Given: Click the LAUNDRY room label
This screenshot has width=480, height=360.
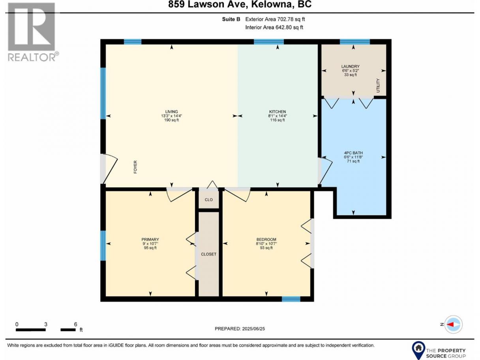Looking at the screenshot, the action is pos(350,66).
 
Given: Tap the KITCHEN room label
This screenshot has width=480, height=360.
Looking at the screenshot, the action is pos(277,112).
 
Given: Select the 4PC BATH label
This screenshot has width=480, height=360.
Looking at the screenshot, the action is pos(353,153).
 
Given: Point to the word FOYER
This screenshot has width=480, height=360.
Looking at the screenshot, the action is pos(135,167).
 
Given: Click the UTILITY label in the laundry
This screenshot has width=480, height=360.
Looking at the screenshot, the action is pos(378,86).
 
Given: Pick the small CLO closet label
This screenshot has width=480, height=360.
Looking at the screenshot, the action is pos(209,200).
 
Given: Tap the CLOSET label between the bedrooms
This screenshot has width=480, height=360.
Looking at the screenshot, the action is pos(209,254).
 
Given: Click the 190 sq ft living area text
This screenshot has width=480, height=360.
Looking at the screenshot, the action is pos(171,120).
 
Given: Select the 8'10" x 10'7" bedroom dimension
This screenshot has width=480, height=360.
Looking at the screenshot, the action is pos(266,244).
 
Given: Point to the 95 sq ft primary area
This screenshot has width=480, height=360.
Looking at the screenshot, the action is pos(150,248).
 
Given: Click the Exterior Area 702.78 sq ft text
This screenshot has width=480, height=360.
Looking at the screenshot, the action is pos(275,19).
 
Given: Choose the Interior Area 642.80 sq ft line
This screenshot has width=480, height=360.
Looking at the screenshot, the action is pos(274,28).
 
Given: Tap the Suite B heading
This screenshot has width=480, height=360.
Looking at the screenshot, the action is pos(231,19).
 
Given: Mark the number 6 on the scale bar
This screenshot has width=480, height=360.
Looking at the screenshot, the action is pos(75,324).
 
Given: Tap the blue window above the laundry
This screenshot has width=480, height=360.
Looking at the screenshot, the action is pos(355,42).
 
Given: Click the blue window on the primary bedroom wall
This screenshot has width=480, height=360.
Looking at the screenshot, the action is pos(103,246).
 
